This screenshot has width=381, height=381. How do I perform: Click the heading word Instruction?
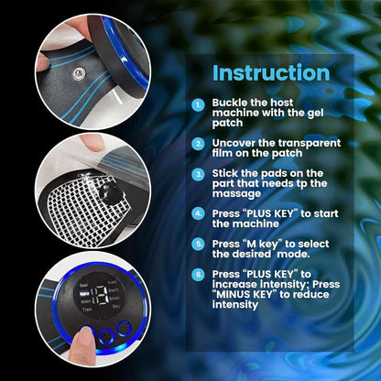click(x=271, y=72)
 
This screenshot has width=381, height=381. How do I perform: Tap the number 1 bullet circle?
click(x=199, y=105)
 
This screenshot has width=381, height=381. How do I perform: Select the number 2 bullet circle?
click(x=199, y=144)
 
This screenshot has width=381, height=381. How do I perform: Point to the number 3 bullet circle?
click(x=199, y=174)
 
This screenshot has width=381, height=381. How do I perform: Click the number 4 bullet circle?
click(x=199, y=213)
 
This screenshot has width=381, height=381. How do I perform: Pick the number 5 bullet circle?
click(x=199, y=244)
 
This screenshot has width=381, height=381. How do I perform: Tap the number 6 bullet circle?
click(x=199, y=275)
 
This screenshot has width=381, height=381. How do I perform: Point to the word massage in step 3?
click(x=236, y=194)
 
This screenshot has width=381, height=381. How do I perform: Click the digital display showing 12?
click(x=100, y=295)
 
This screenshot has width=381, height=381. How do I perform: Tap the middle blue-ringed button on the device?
click(x=106, y=337)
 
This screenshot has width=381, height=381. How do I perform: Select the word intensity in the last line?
click(x=235, y=305)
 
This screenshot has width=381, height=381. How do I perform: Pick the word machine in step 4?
click(x=259, y=223)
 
